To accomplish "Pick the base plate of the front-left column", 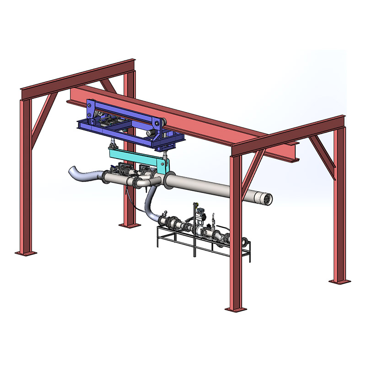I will pos(25,251).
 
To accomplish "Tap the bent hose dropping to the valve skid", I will pos(149,206).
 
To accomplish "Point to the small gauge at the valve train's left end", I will pos(162,212).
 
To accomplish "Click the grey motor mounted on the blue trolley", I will pos(151,133).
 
